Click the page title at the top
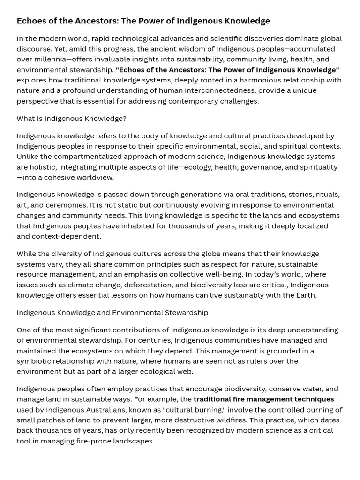coord(143,21)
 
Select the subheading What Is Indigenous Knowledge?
coord(71,119)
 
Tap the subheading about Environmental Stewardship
coord(112,312)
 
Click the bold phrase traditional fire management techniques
coord(263,399)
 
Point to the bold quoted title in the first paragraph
coord(227,70)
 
